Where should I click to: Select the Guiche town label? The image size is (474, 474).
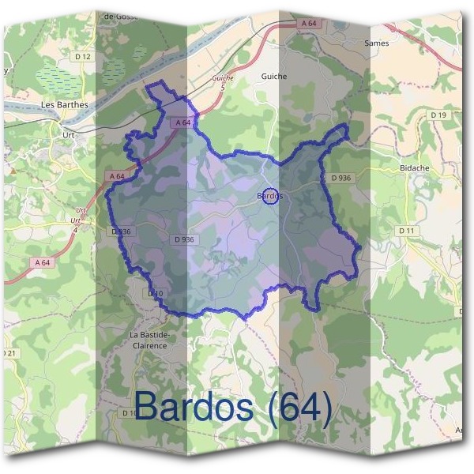pos(273,77)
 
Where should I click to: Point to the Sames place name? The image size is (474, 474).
pos(376,43)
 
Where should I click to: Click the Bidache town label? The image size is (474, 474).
pos(415,168)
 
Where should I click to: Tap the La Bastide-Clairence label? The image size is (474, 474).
pos(149,340)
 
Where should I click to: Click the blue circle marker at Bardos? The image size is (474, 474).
pos(270,195)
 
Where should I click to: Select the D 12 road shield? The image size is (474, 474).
pos(82,57)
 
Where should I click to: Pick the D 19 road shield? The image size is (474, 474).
pos(439,115)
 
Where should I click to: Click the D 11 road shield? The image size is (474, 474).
pos(407,230)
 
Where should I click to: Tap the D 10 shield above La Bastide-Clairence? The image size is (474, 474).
pos(155,293)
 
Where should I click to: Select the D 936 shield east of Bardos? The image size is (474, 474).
pos(341,178)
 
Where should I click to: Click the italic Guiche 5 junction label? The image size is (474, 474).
pos(224,81)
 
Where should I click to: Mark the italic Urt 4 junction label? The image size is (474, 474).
pos(77,216)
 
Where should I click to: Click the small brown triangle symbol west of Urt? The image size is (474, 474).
pos(13,169)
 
